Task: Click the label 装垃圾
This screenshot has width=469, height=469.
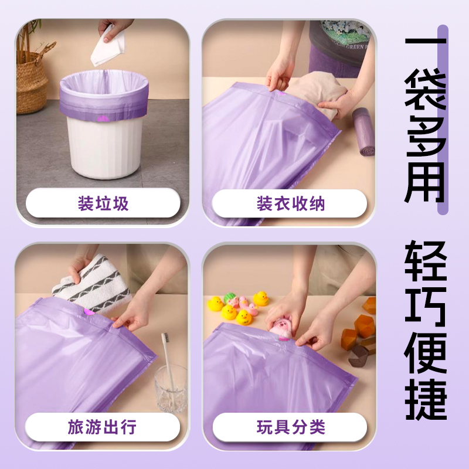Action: [103, 203]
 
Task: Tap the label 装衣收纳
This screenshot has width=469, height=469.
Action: [291, 203]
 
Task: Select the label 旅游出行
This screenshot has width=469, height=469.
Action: [102, 427]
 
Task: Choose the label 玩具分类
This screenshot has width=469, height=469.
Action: [291, 427]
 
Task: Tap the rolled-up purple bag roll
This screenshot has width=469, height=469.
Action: [363, 131]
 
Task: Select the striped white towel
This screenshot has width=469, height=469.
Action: [92, 284]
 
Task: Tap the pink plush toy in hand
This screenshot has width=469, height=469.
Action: [281, 329]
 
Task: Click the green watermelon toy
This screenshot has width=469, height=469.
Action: [230, 298]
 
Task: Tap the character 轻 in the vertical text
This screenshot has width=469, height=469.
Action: [426, 261]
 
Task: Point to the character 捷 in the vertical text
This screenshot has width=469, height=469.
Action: [426, 400]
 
